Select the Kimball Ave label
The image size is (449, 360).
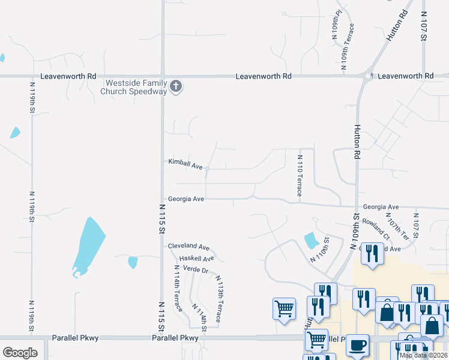[x=185, y=163]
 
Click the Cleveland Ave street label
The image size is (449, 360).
[x=188, y=247]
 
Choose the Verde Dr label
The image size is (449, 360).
[x=195, y=270]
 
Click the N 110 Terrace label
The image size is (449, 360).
[x=300, y=176]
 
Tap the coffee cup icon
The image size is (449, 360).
[x=358, y=346]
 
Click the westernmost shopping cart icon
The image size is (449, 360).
[x=284, y=309]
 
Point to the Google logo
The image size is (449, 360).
[x=20, y=352]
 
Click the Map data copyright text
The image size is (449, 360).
[x=423, y=355]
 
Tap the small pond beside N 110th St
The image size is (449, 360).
[x=312, y=241]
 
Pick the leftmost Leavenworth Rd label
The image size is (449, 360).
[x=68, y=77]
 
